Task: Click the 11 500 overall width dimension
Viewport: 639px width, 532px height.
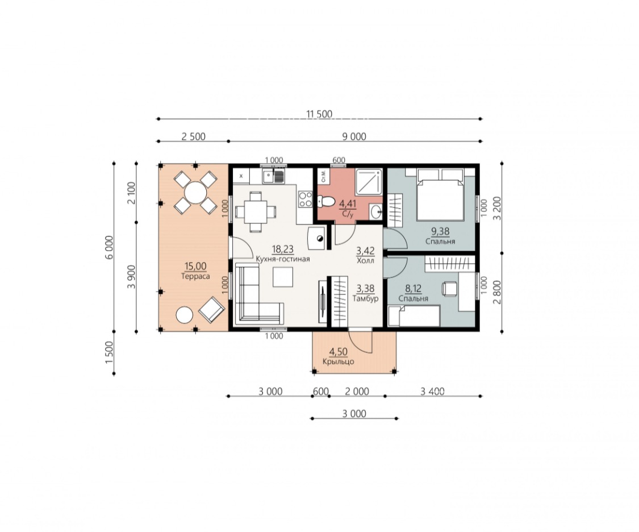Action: coord(319,114)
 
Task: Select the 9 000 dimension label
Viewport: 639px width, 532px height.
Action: coord(353,136)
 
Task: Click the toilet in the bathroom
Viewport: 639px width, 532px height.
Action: coord(325,201)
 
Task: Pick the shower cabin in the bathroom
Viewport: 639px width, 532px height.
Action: coord(370,182)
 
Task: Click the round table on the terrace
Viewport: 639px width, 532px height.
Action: coord(195,192)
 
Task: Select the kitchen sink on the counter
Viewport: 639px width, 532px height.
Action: coord(273,177)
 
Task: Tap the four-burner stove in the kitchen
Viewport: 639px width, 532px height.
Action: coord(304,199)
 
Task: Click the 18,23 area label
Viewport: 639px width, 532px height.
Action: coord(282,250)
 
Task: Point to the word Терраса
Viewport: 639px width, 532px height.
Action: coord(195,276)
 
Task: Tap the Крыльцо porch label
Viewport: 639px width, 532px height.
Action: coord(339,361)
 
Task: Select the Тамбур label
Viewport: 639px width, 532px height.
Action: coord(366,298)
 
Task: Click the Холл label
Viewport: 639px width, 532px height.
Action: coord(365,260)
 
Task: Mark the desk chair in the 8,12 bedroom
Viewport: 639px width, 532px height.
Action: coord(449,288)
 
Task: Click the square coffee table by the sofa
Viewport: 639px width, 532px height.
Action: coord(283,277)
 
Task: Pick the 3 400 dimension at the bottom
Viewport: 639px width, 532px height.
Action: coord(432,392)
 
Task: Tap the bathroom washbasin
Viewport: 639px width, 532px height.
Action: coord(377,211)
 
